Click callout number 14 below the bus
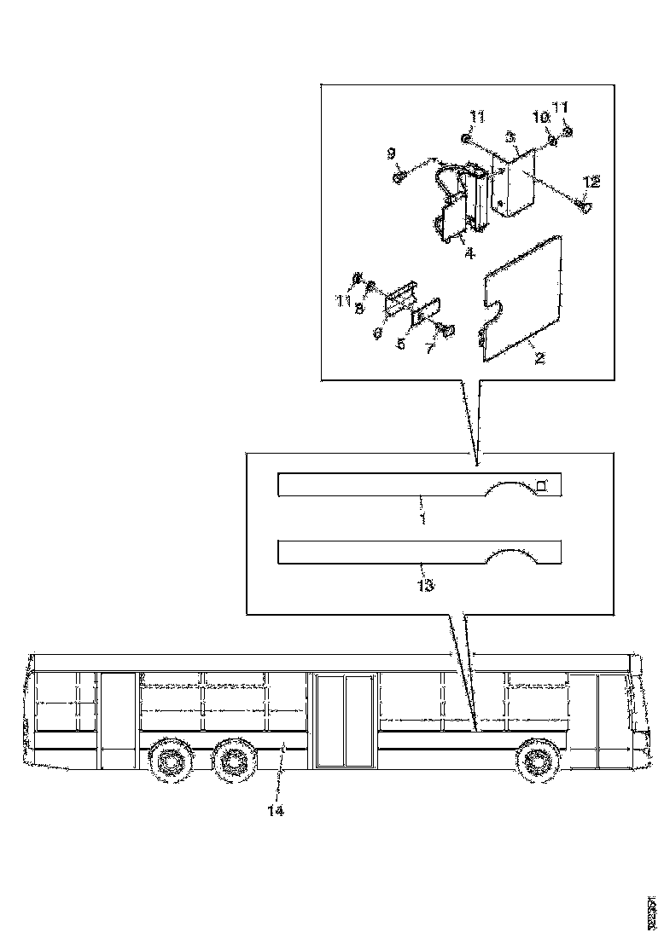pos(275,810)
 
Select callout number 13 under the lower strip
pos(425,586)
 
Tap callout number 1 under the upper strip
pos(422,518)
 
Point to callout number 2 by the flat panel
pos(539,357)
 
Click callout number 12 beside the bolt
pos(591,182)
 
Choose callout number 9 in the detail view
pos(391,153)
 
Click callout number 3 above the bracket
pos(510,136)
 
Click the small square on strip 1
pos(540,485)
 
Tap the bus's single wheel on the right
pos(537,759)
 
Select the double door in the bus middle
pos(345,721)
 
